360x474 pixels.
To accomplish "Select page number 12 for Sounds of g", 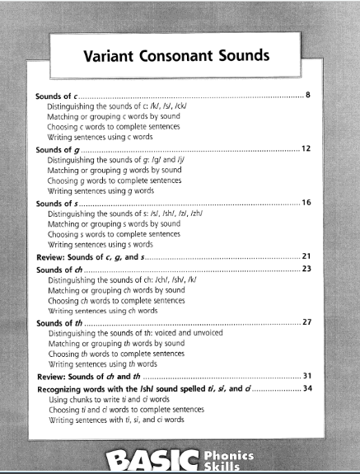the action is tap(305, 150).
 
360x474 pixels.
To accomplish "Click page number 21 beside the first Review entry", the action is tap(306, 257).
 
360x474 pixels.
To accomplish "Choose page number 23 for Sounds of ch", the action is tap(306, 269).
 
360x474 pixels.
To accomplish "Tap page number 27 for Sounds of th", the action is tap(306, 322).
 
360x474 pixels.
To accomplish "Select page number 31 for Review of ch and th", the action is tap(306, 376).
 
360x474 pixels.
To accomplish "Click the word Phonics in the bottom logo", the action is tap(230, 454).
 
